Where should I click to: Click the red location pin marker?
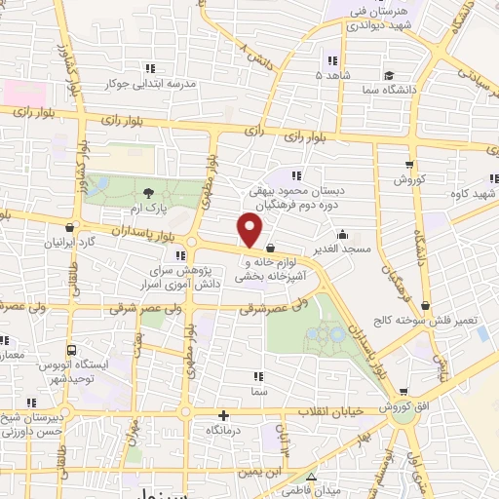(x=250, y=231)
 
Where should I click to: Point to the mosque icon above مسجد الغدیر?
(x=342, y=235)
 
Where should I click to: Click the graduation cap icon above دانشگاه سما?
(x=389, y=75)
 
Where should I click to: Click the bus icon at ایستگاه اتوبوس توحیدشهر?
(x=71, y=351)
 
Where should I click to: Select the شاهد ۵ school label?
(x=331, y=74)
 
